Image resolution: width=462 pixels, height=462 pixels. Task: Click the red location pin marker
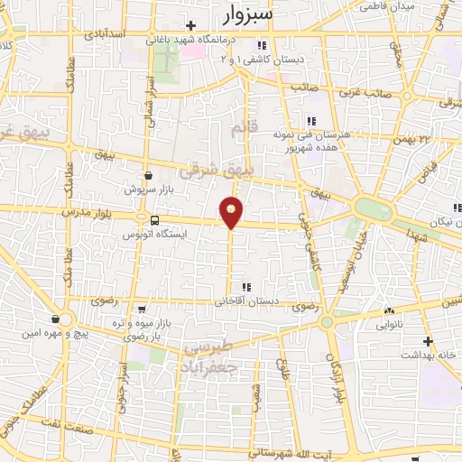232,213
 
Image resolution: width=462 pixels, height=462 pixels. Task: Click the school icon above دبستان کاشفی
261,45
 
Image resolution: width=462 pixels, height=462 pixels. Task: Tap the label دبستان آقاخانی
246,302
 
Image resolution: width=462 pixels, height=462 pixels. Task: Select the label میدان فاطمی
387,5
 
